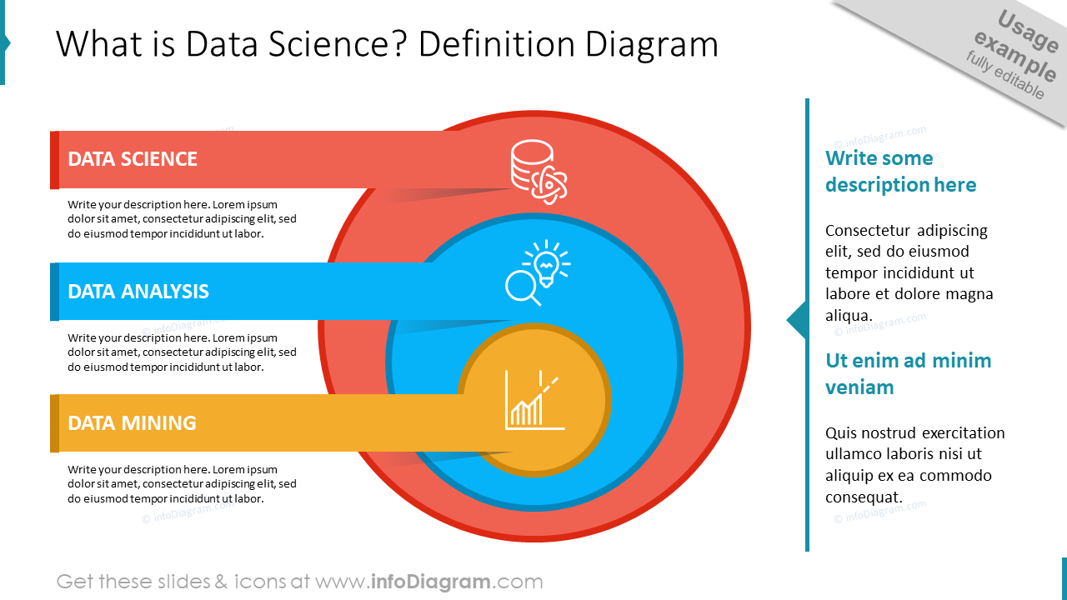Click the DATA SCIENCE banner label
[133, 159]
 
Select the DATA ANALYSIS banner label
[138, 292]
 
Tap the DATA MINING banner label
[132, 423]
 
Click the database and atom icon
[539, 171]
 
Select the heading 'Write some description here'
[900, 172]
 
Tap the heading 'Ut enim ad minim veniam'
[908, 373]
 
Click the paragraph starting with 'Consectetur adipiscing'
[909, 272]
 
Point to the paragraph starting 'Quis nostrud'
[914, 465]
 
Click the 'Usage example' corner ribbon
[1013, 54]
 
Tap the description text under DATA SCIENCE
[182, 219]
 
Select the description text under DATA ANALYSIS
[182, 352]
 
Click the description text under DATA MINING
[182, 484]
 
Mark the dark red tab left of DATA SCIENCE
[54, 160]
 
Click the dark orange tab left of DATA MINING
[54, 423]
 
